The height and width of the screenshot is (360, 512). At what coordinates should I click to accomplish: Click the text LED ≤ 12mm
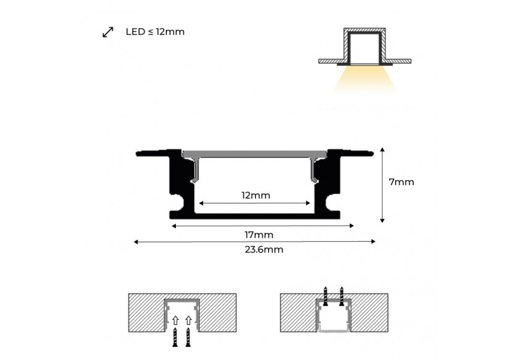tap(154, 31)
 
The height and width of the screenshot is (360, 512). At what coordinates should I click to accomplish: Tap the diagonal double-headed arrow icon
tap(108, 32)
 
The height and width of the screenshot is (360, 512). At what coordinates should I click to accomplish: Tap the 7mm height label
tap(401, 182)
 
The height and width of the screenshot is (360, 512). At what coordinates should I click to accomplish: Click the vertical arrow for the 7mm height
tap(383, 184)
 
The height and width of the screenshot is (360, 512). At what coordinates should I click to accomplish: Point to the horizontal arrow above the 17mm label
tap(262, 226)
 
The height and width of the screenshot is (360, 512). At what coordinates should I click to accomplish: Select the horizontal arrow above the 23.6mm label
tap(255, 242)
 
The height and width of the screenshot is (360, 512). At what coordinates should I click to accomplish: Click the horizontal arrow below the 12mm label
tap(255, 203)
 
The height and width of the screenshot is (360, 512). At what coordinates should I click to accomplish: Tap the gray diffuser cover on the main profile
tap(255, 153)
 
